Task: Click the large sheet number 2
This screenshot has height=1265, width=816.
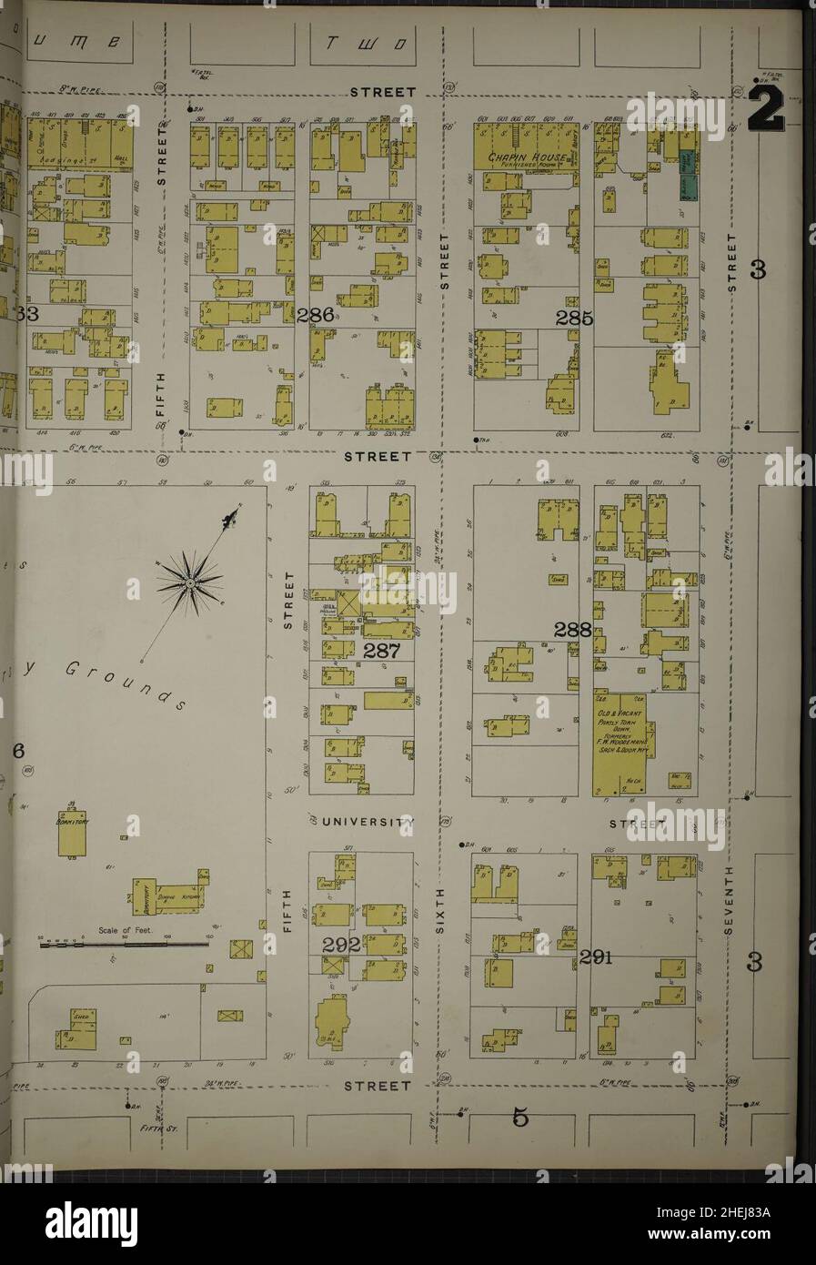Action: point(767,112)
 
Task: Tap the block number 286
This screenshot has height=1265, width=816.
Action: point(314,316)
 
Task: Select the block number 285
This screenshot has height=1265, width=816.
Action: point(576,319)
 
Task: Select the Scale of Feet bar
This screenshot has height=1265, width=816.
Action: point(125,944)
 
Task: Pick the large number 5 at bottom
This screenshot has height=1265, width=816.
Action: point(519,1116)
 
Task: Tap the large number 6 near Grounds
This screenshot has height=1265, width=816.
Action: point(15,751)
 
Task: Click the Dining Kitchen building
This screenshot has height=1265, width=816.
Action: point(176,896)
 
